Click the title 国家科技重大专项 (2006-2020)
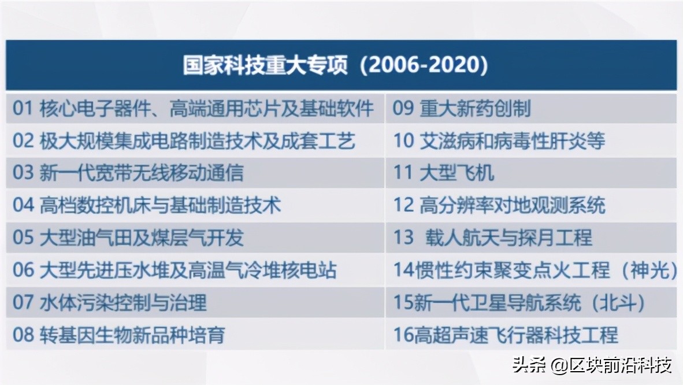336,65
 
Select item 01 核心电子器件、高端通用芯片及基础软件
194,109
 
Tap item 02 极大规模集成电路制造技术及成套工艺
184,140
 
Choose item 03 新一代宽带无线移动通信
128,172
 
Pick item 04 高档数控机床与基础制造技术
147,205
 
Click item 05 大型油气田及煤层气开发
128,237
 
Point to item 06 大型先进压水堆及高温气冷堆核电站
175,270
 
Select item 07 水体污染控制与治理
110,302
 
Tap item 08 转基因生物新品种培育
119,335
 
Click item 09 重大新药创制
462,109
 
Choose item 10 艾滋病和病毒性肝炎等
499,140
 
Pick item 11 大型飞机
444,172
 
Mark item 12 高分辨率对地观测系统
499,205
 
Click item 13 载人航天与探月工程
493,237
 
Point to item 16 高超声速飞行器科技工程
506,335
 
